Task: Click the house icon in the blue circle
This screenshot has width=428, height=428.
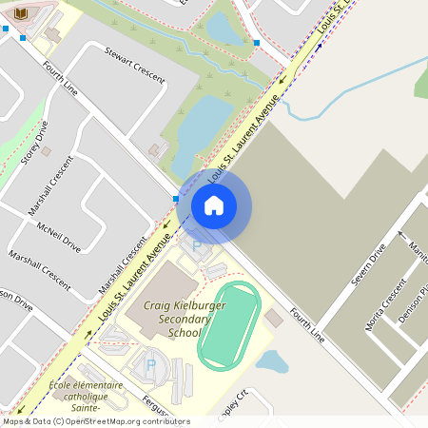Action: click(x=214, y=205)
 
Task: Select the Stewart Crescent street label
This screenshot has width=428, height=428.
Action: click(x=134, y=64)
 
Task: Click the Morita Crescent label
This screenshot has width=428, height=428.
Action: click(x=385, y=305)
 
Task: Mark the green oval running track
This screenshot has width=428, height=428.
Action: click(x=228, y=325)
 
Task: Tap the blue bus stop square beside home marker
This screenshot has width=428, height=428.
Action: click(x=176, y=198)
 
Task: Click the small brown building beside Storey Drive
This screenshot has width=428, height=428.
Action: click(x=47, y=150)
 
